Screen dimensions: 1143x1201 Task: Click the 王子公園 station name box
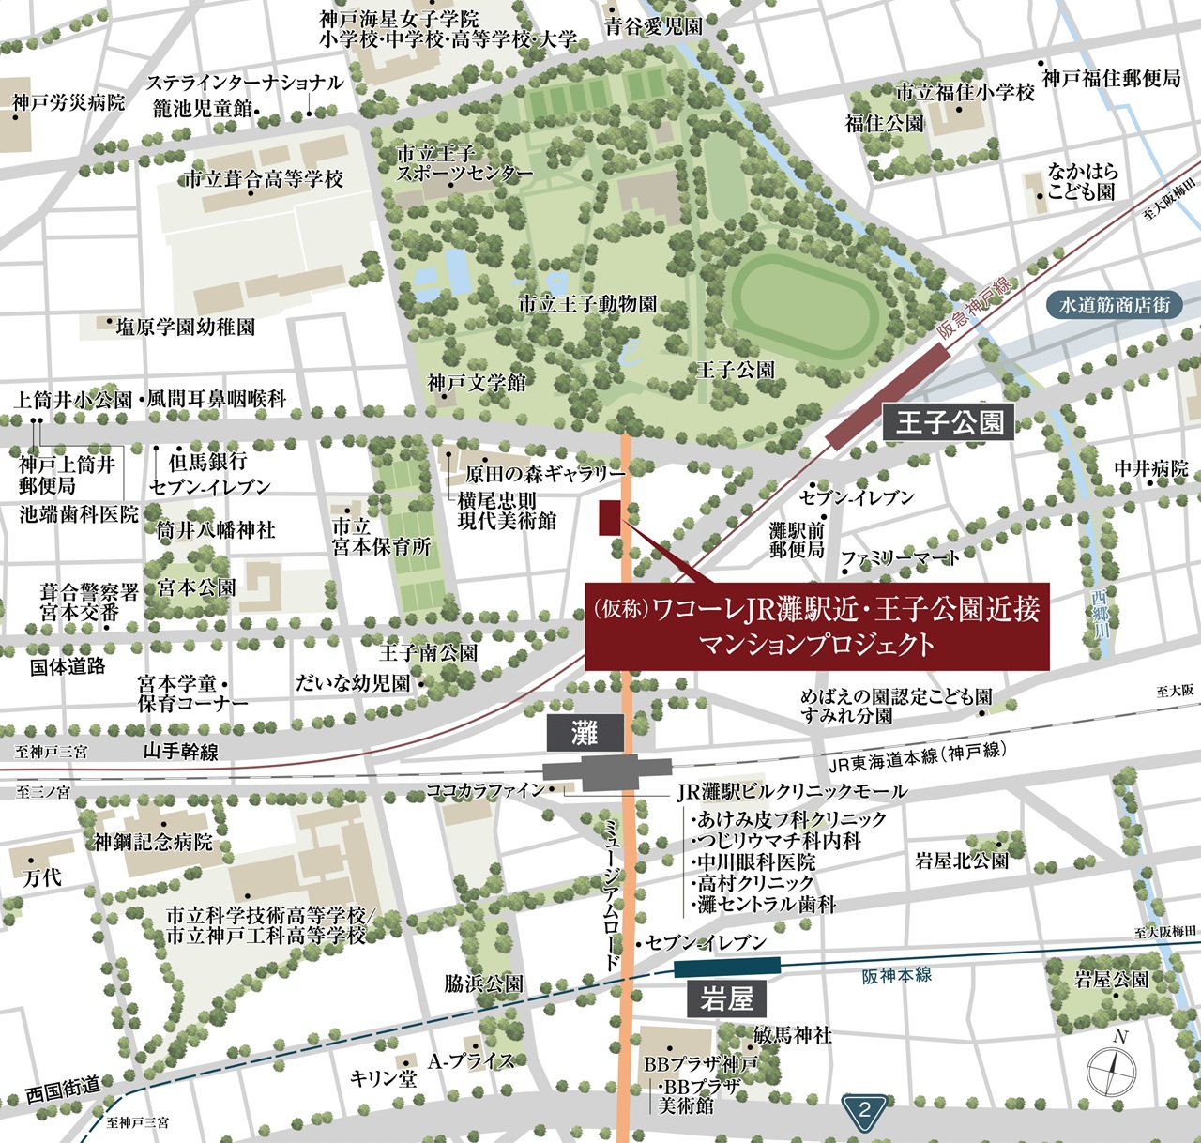tap(950, 423)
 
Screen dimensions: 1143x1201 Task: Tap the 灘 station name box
tap(585, 732)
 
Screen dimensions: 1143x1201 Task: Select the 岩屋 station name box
tap(726, 999)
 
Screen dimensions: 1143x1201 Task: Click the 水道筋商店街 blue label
tap(1115, 305)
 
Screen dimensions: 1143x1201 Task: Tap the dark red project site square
tap(610, 518)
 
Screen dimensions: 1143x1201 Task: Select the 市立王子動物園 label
tap(587, 304)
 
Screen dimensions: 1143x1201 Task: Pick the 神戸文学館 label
tap(477, 383)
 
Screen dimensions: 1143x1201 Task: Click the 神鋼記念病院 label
tap(153, 842)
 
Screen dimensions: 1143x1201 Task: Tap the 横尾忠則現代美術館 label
tap(508, 511)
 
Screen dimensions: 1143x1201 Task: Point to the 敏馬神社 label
tap(793, 1035)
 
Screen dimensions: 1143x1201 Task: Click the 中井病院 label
tap(1150, 467)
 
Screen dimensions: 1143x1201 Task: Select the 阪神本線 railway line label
tap(897, 976)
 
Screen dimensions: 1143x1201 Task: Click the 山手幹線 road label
tap(180, 751)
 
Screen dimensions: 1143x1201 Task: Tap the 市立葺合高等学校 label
tap(264, 178)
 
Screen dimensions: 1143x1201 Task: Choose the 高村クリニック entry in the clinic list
tap(755, 883)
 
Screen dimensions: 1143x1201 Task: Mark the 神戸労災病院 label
tap(68, 102)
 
